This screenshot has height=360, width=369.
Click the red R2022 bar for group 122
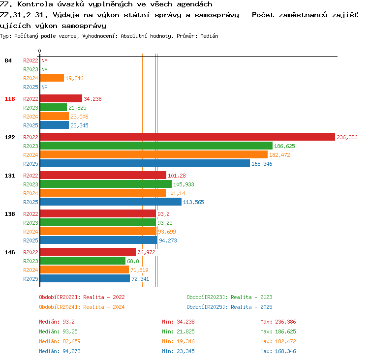pyautogui.click(x=187, y=137)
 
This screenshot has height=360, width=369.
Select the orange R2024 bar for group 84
pyautogui.click(x=52, y=78)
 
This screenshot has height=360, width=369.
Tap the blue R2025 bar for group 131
pyautogui.click(x=111, y=202)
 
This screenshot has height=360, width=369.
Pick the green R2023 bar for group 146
pyautogui.click(x=83, y=261)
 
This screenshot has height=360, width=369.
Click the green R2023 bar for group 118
pyautogui.click(x=54, y=107)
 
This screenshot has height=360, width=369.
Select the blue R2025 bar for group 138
pyautogui.click(x=99, y=240)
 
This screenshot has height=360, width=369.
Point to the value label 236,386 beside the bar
pyautogui.click(x=347, y=137)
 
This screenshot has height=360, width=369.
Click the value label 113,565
pyautogui.click(x=193, y=202)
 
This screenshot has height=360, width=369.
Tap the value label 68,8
pyautogui.click(x=133, y=261)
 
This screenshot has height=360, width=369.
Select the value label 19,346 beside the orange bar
pyautogui.click(x=74, y=78)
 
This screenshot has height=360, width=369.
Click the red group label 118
pyautogui.click(x=10, y=99)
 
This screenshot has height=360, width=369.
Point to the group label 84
pyautogui.click(x=8, y=60)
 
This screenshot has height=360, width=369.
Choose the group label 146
pyautogui.click(x=10, y=252)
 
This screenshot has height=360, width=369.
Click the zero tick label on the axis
pyautogui.click(x=39, y=51)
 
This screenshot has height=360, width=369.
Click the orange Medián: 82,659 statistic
pyautogui.click(x=60, y=341)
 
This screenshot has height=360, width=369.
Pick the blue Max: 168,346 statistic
pyautogui.click(x=278, y=351)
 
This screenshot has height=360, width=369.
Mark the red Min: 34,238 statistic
pyautogui.click(x=178, y=322)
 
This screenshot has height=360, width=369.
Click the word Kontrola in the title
pyautogui.click(x=34, y=4)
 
